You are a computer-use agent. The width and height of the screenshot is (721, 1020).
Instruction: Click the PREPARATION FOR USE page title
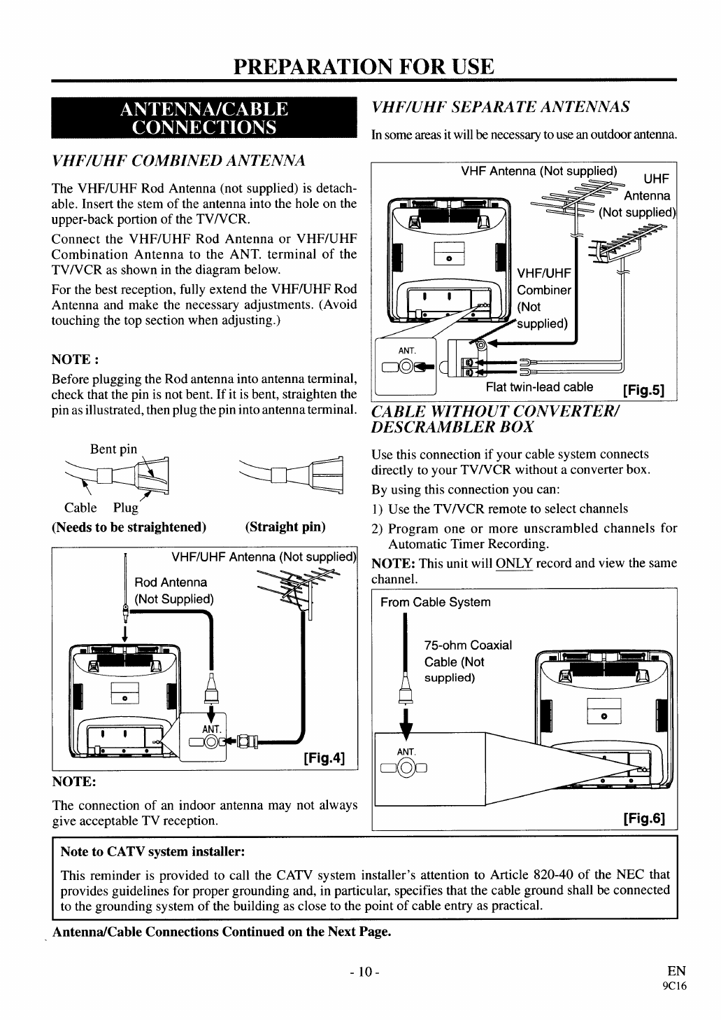click(364, 67)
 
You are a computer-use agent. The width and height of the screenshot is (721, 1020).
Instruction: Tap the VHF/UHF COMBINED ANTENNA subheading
click(179, 161)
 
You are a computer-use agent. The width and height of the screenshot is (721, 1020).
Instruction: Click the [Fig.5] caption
click(643, 389)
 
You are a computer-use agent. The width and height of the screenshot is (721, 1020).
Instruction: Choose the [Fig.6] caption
click(643, 818)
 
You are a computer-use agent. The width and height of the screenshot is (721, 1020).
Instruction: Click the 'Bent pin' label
click(113, 449)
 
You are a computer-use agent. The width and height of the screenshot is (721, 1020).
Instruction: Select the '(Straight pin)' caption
click(285, 526)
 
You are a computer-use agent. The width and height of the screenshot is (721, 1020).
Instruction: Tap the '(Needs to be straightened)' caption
click(129, 526)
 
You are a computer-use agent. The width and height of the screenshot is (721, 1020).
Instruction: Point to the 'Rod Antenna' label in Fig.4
click(171, 582)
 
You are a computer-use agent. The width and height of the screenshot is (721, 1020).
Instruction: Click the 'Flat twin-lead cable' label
click(539, 387)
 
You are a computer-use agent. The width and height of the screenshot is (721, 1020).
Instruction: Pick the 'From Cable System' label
click(435, 602)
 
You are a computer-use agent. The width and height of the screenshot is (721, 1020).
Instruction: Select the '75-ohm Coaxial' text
click(468, 645)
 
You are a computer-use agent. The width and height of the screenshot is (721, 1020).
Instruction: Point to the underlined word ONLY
click(514, 564)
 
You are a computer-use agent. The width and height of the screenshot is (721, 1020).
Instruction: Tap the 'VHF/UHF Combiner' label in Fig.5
click(543, 281)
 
